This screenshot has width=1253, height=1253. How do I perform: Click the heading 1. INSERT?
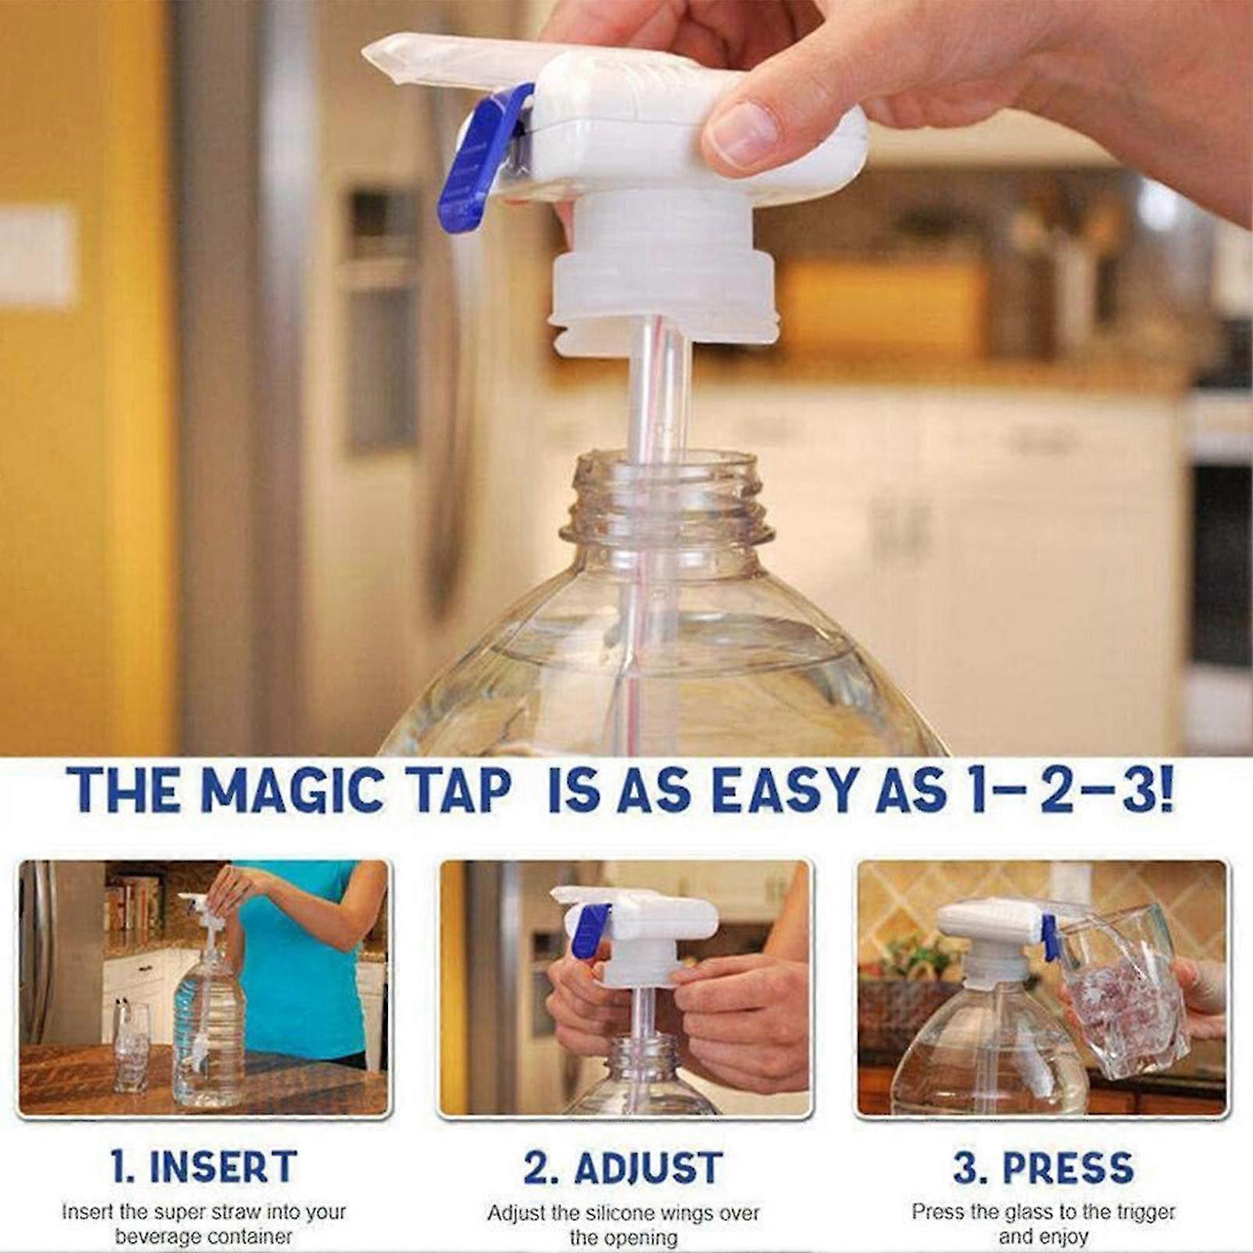point(203,1167)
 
